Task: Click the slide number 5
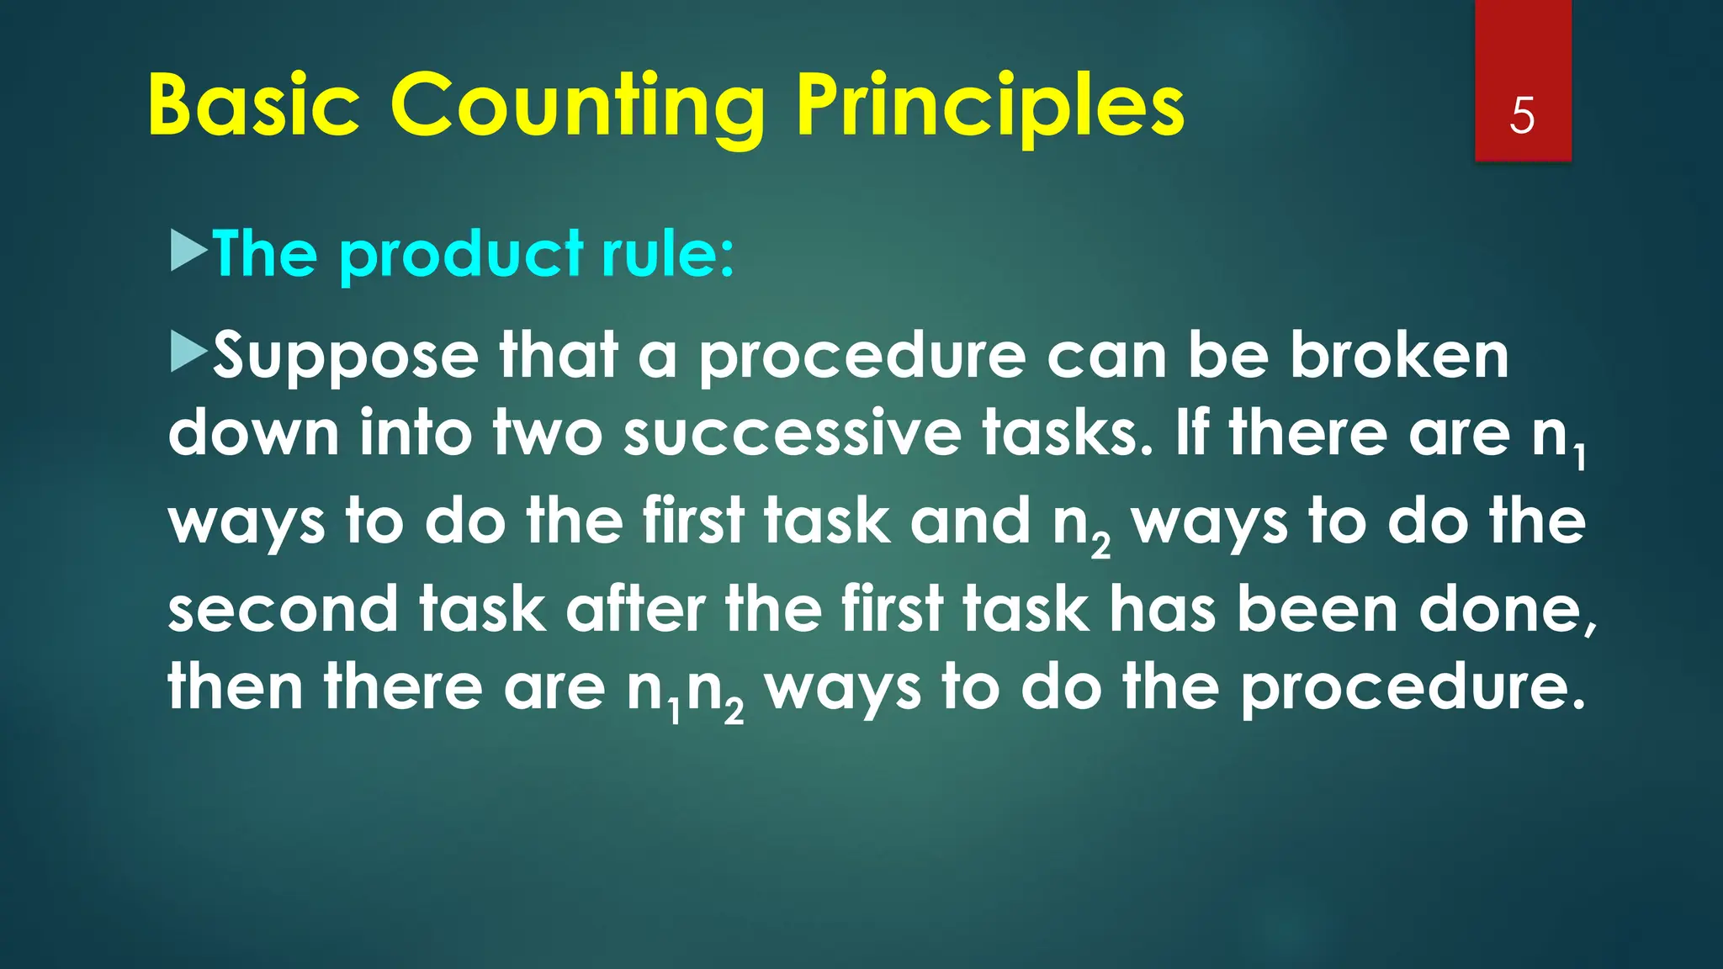pos(1522,115)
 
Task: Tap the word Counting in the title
pos(577,107)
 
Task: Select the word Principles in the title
pos(990,107)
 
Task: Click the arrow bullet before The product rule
pos(188,252)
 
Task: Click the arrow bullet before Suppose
pos(188,352)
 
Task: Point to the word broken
pos(1399,355)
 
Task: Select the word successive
pos(792,434)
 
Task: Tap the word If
pos(1192,434)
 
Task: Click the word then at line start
pos(236,687)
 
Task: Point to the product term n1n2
pos(685,692)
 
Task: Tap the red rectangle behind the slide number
pos(1522,50)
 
